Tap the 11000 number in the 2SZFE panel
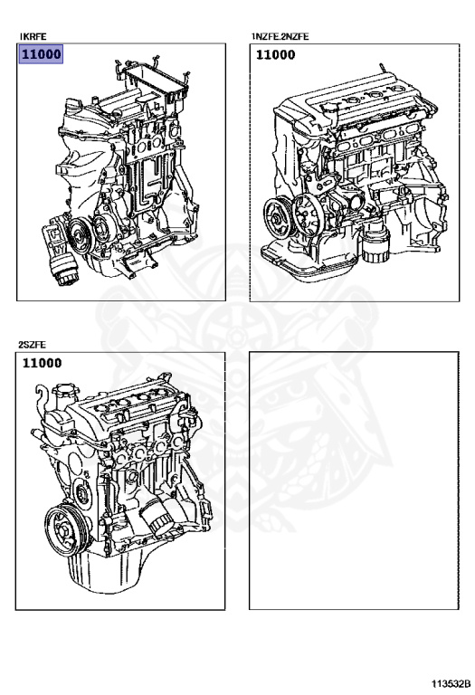tap(42, 364)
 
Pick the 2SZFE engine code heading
tap(32, 345)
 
